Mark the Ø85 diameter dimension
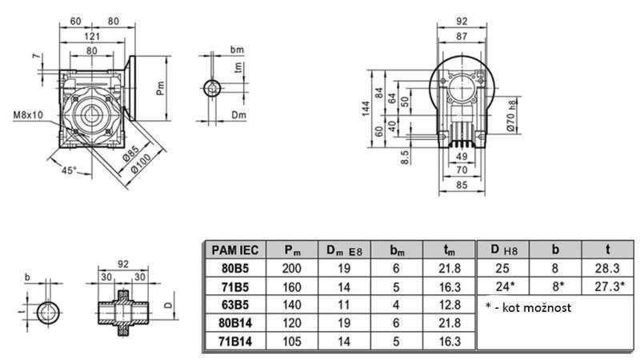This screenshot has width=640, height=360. coord(131,150)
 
